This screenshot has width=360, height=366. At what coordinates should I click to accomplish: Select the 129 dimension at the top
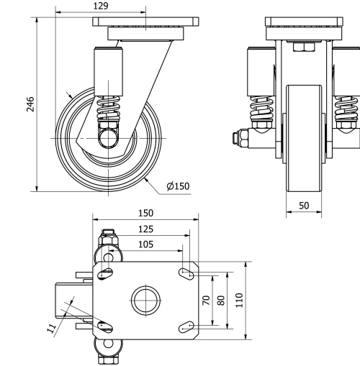click(102, 6)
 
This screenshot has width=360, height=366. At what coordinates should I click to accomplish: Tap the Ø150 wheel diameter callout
click(178, 186)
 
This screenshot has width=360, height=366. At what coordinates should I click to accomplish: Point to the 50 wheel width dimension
click(304, 206)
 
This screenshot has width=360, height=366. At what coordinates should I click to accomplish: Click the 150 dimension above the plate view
click(146, 214)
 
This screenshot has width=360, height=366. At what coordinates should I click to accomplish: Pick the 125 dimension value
click(146, 229)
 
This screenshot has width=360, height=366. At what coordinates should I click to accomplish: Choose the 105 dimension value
click(146, 244)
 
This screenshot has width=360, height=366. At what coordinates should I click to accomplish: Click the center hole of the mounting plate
click(145, 300)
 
